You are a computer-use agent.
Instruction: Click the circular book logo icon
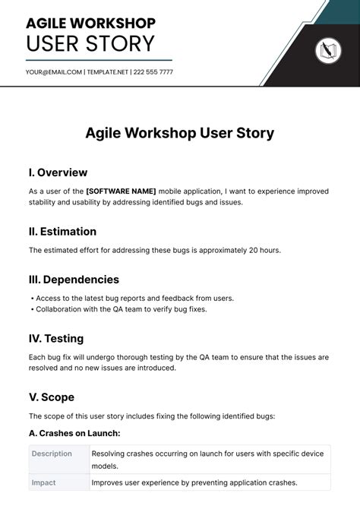(x=328, y=51)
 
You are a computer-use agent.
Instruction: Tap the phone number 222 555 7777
(x=153, y=72)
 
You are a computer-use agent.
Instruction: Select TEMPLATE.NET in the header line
(x=108, y=72)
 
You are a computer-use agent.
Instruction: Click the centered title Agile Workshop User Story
(x=180, y=134)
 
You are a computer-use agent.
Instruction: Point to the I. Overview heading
(x=58, y=172)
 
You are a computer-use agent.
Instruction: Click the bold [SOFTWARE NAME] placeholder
(x=122, y=191)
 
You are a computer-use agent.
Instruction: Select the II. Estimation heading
(x=62, y=231)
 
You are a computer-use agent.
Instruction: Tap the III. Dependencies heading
(x=74, y=280)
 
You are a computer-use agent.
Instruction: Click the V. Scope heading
(x=52, y=397)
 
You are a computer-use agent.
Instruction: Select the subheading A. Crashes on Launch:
(x=74, y=434)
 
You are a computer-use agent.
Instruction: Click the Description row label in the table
(x=52, y=454)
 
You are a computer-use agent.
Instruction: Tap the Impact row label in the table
(x=43, y=482)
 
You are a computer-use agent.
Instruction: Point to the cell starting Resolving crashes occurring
(x=207, y=460)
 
